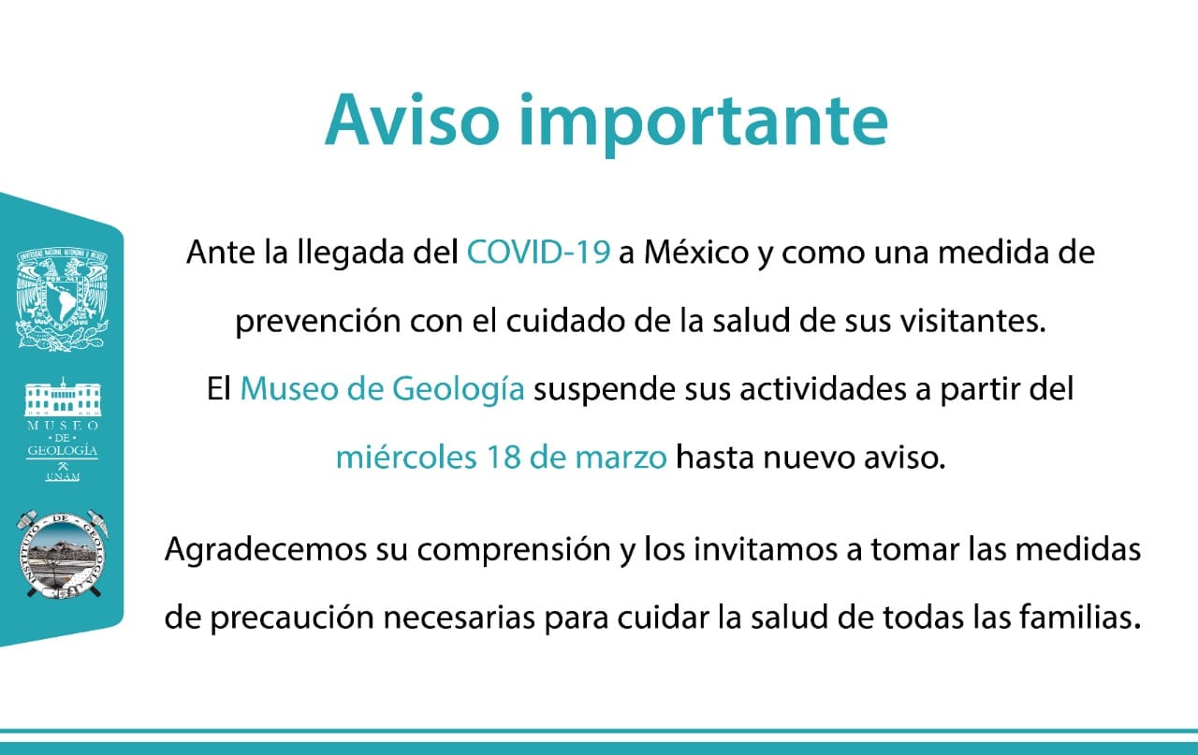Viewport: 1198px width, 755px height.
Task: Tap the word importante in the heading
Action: pyautogui.click(x=703, y=124)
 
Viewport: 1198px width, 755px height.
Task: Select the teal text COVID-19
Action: pyautogui.click(x=538, y=252)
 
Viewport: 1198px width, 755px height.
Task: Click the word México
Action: pyautogui.click(x=695, y=252)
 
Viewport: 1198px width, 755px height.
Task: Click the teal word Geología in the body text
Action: pyautogui.click(x=458, y=390)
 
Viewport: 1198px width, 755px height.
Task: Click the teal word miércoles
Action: pyautogui.click(x=406, y=457)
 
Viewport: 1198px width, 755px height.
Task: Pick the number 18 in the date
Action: pyautogui.click(x=503, y=457)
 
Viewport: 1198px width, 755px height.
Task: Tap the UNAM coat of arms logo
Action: pyautogui.click(x=63, y=298)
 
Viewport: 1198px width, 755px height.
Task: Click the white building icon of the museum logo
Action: pyautogui.click(x=63, y=397)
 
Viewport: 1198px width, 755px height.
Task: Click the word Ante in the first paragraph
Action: pyautogui.click(x=221, y=252)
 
